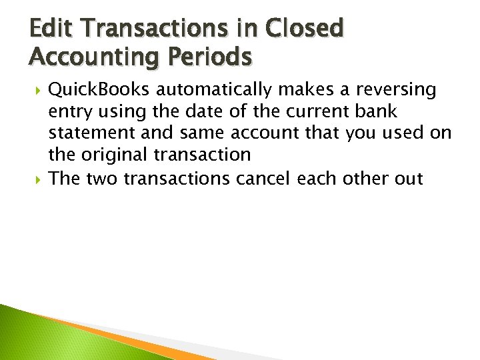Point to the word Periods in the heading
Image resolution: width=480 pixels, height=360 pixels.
[x=215, y=57]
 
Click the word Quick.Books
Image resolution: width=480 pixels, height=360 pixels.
[x=100, y=89]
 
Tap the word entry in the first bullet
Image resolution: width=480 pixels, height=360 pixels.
[x=71, y=111]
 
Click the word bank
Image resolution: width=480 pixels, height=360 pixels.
[x=379, y=111]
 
